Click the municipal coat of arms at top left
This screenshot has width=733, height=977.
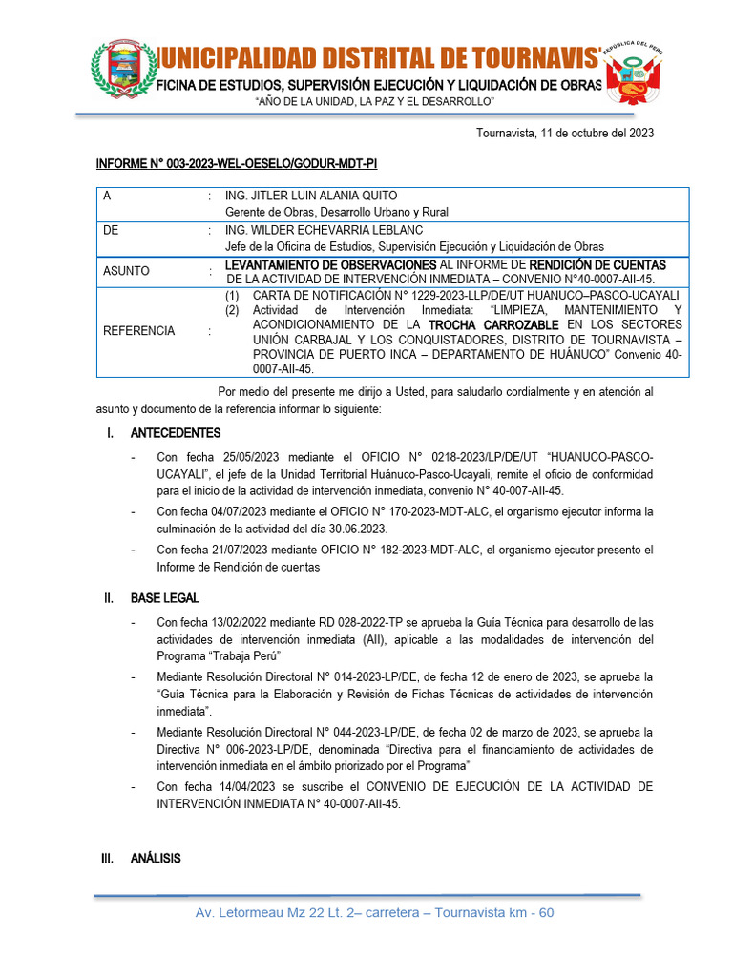121,70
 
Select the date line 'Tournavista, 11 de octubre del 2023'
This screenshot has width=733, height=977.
565,134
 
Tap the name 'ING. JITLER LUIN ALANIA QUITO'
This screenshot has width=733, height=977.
311,196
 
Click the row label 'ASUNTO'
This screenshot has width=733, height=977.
126,271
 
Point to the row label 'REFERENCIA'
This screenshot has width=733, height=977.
138,331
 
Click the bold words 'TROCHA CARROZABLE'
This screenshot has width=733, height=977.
494,325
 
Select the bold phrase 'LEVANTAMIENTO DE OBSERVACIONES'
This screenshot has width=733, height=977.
330,264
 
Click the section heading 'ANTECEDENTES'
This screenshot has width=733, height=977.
176,433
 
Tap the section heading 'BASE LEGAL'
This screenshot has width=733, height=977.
165,598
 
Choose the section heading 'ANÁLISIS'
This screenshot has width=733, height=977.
156,859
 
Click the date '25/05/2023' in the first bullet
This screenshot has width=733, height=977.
250,456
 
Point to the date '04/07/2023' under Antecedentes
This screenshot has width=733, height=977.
250,511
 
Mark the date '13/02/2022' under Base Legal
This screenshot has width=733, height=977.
250,622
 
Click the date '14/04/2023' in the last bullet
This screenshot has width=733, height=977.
250,786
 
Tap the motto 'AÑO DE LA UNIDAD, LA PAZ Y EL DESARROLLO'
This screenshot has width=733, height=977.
374,101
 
